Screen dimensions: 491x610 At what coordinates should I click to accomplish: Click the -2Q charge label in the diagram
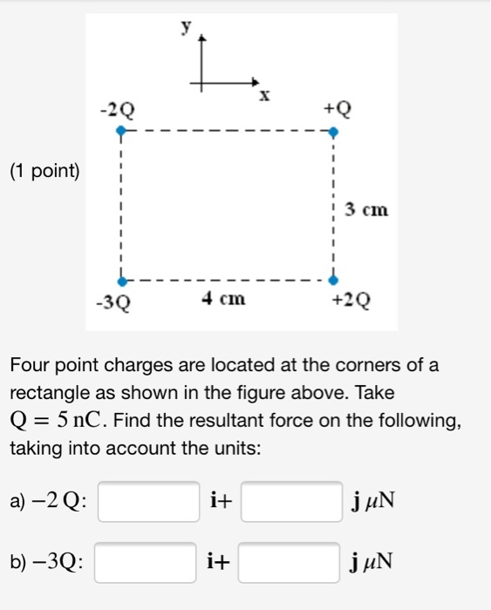click(118, 110)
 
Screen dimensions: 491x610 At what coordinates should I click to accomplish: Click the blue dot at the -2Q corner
click(121, 132)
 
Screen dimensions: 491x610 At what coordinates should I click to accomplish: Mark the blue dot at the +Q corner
click(333, 132)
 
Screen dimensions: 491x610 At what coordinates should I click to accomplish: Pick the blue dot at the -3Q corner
click(121, 281)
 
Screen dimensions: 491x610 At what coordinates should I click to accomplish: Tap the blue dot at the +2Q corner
click(333, 281)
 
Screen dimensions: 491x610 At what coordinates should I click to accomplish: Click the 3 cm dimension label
click(365, 209)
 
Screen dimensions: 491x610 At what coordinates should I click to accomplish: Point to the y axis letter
click(185, 26)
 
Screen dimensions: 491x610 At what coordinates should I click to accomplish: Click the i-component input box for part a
click(148, 502)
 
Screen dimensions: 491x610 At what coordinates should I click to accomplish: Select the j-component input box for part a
click(291, 502)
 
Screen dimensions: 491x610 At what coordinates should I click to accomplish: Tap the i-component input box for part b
click(145, 562)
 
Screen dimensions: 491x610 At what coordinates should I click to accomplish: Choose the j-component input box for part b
click(290, 562)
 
